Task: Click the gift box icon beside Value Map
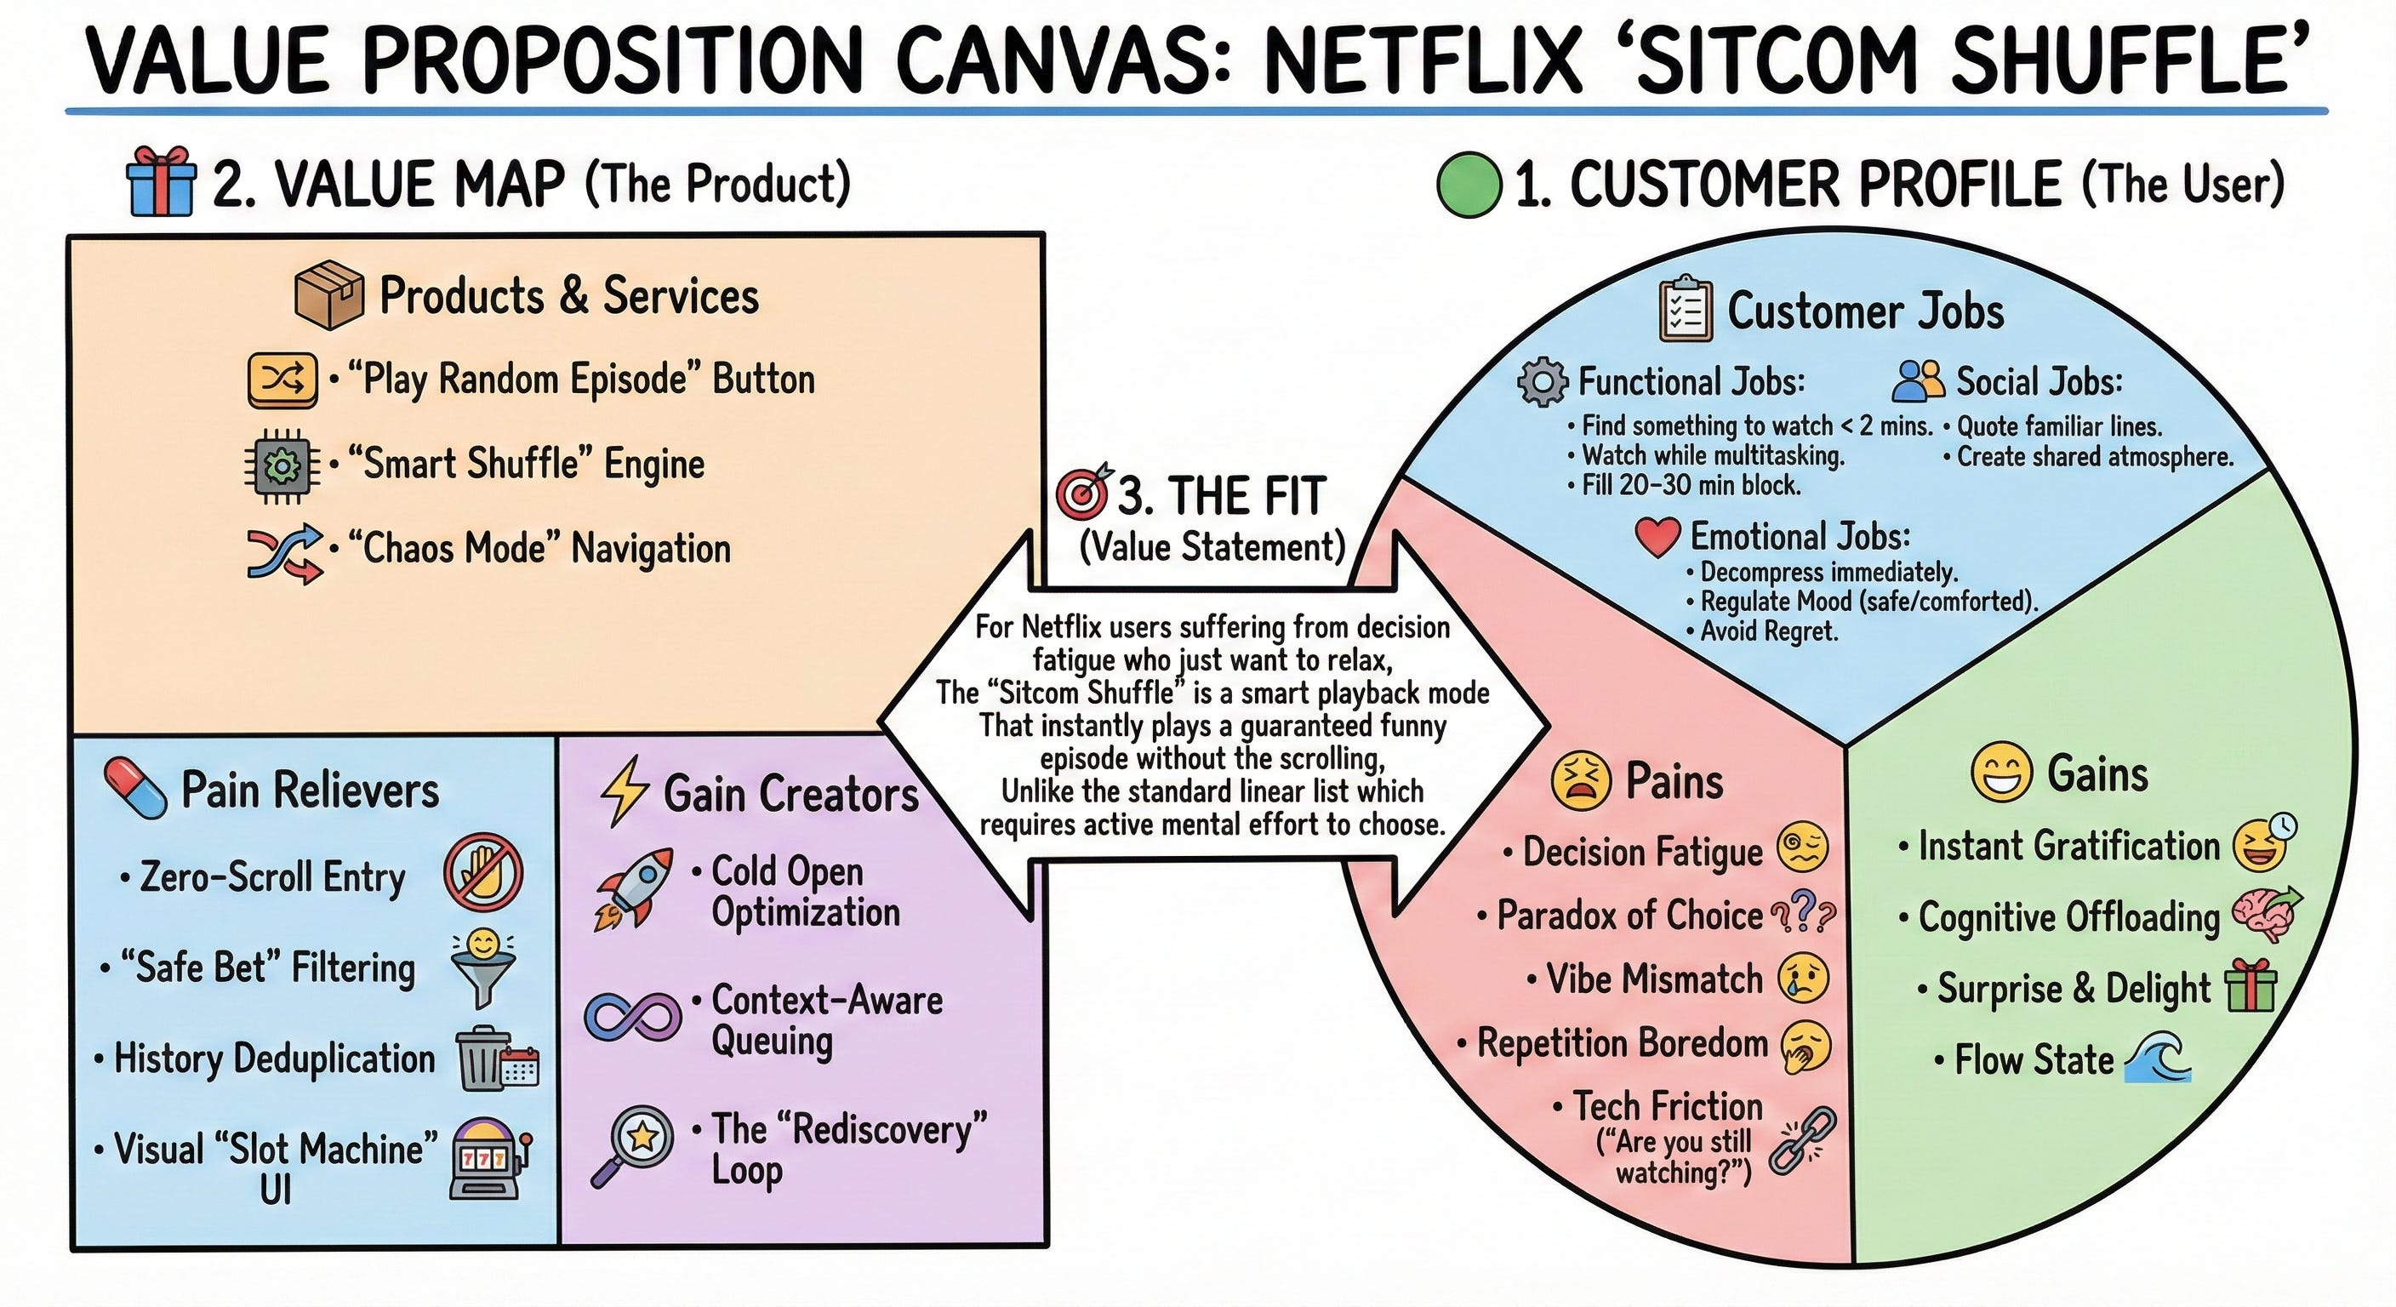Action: click(x=162, y=182)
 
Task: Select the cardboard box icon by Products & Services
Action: click(x=328, y=295)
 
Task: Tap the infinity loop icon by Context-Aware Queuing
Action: click(x=632, y=1016)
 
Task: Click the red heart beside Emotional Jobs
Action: click(x=1657, y=537)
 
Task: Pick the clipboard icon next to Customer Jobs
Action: click(x=1686, y=309)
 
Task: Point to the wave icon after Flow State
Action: click(x=2157, y=1059)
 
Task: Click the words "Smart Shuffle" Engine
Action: click(x=526, y=463)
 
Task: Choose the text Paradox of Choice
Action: click(x=1629, y=916)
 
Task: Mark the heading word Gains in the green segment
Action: click(x=2097, y=774)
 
